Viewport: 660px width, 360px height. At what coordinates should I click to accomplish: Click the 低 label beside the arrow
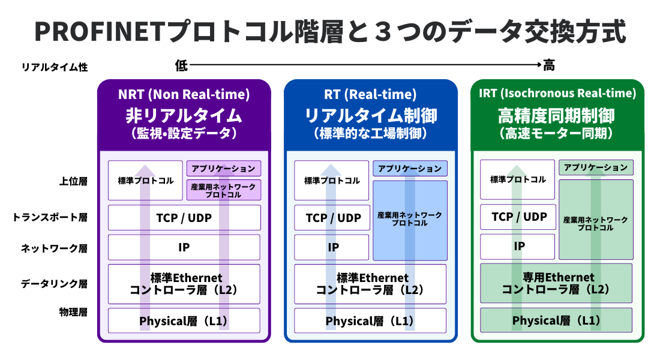coord(181,65)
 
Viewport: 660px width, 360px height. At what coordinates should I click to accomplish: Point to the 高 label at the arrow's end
coord(549,65)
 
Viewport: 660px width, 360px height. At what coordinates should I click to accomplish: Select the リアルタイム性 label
coord(55,67)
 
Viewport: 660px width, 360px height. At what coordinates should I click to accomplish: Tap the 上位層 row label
coord(73,181)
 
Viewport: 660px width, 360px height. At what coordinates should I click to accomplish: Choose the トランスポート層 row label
coord(50,217)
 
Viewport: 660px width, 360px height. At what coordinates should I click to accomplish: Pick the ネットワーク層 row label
coord(54,248)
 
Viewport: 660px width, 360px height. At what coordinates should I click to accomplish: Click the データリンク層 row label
coord(54,284)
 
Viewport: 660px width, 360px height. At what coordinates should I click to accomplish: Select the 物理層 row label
coord(73,312)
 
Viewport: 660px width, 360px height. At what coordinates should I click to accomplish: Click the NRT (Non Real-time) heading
coord(184,94)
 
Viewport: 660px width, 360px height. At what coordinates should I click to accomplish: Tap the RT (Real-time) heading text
coord(370,94)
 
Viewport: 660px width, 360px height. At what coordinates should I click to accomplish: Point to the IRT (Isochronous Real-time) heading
coord(557,93)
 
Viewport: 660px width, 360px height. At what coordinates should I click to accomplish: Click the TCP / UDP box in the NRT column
coord(184,218)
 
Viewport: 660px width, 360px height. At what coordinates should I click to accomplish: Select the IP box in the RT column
coord(332,247)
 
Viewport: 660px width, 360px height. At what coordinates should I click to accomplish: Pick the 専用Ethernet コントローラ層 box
coord(556,283)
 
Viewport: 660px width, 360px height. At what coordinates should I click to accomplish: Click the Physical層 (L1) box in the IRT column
coord(556,320)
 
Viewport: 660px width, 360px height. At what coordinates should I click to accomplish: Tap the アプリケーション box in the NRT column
coord(224,169)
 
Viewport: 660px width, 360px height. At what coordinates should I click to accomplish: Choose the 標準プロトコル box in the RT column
coord(332,180)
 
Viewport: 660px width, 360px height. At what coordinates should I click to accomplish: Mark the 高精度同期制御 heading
coord(556,116)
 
